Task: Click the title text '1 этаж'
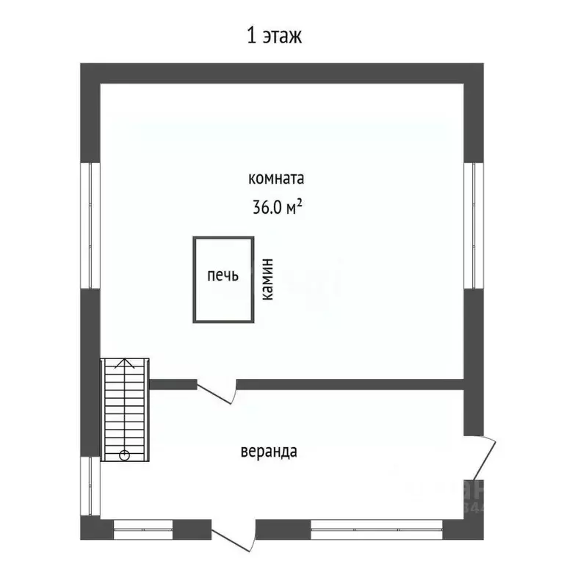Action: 274,35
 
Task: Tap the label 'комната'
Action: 276,178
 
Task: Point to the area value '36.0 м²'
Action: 278,208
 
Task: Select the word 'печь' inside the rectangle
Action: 223,276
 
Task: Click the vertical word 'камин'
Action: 268,280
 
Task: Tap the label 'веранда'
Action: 268,451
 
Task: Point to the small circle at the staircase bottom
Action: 124,455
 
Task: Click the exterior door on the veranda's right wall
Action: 485,456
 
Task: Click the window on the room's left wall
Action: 93,225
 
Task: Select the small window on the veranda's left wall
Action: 93,485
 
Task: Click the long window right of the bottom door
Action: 377,526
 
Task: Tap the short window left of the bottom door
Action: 143,526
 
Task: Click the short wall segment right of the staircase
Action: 173,383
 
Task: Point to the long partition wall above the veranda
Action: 350,383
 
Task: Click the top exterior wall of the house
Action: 282,73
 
